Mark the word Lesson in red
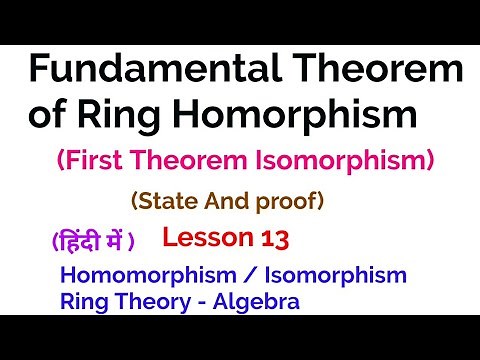click(205, 240)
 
